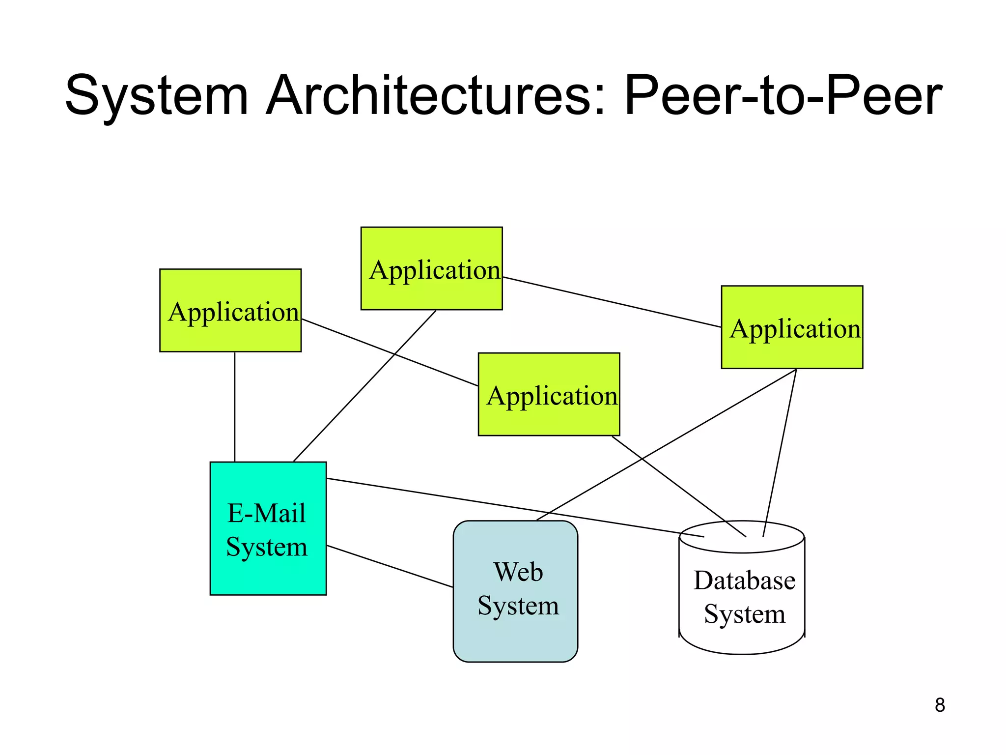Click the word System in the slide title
(156, 95)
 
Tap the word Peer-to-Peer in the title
(783, 95)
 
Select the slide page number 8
(940, 705)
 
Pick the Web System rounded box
(515, 634)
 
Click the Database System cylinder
(742, 634)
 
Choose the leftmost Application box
(230, 334)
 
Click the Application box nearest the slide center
(549, 418)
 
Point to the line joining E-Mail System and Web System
(390, 566)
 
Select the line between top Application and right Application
(612, 302)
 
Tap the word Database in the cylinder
(744, 581)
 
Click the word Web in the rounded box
(518, 572)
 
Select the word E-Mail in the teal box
(267, 513)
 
